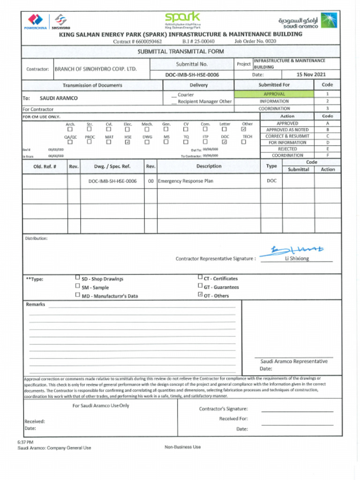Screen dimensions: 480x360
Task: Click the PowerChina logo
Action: (35, 22)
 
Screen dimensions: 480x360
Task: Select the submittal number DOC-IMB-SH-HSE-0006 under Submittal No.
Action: (192, 75)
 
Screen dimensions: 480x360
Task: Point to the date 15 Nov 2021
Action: (311, 75)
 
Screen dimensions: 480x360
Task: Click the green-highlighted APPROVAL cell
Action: (274, 94)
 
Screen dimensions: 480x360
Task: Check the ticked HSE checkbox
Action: (127, 142)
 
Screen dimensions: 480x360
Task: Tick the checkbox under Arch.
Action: (70, 129)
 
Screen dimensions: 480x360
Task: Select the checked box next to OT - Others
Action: (200, 295)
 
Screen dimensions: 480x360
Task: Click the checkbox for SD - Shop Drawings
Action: (77, 277)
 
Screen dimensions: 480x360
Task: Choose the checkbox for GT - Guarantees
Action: (200, 286)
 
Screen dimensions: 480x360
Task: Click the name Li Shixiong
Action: (297, 259)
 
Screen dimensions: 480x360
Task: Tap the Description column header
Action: (209, 166)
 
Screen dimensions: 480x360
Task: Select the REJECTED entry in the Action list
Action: (287, 149)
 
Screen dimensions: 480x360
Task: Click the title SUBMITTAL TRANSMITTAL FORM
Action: (180, 52)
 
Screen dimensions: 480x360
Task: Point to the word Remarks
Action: (36, 304)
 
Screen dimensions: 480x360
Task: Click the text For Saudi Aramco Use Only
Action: (100, 405)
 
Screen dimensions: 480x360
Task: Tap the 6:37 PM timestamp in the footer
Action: (25, 442)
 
